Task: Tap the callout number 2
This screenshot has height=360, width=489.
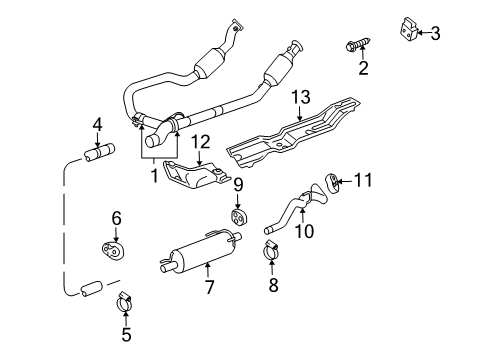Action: click(x=363, y=67)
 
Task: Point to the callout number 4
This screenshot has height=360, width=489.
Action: click(x=97, y=125)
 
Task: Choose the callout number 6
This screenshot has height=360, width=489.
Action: click(x=116, y=216)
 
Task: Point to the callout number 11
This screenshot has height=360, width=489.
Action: click(x=363, y=181)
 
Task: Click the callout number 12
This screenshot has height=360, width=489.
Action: click(x=200, y=144)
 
